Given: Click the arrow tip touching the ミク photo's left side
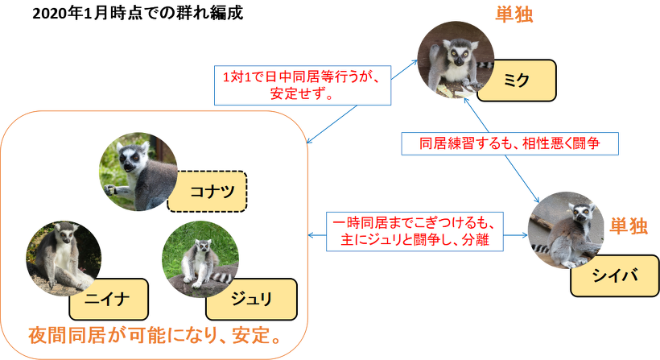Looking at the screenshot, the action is click(417, 60).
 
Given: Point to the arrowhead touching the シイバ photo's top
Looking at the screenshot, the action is click(539, 202).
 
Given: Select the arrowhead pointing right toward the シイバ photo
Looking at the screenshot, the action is click(527, 235).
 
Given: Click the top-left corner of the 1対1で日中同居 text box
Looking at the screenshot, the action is click(215, 66).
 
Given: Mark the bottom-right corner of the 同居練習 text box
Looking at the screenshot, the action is click(618, 155).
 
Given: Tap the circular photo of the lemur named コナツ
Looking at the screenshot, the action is click(138, 172).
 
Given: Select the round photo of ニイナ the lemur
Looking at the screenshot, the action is click(64, 258).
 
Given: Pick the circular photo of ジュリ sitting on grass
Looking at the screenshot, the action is click(200, 259).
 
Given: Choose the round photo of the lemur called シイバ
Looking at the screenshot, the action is click(566, 230).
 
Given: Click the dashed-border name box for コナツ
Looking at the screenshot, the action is click(207, 191).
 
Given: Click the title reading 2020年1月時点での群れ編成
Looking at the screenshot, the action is click(138, 14).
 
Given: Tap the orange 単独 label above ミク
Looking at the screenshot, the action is click(514, 14).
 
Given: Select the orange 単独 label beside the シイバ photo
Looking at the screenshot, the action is click(629, 226).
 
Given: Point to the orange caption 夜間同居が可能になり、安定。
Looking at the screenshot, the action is click(155, 336).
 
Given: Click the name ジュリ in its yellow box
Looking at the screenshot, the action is click(251, 299).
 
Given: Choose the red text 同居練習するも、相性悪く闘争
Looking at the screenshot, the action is click(509, 143).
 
